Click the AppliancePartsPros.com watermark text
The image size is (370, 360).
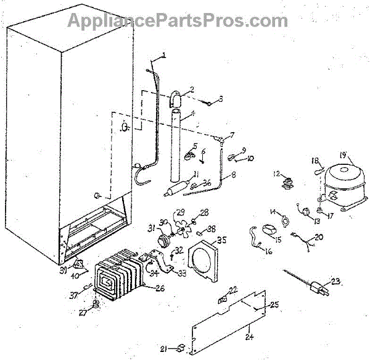pyautogui.click(x=176, y=20)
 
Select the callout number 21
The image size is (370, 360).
pyautogui.click(x=163, y=349)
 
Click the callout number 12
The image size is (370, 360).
pyautogui.click(x=277, y=173)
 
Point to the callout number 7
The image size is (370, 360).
pyautogui.click(x=232, y=135)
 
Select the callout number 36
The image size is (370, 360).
pyautogui.click(x=207, y=182)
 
